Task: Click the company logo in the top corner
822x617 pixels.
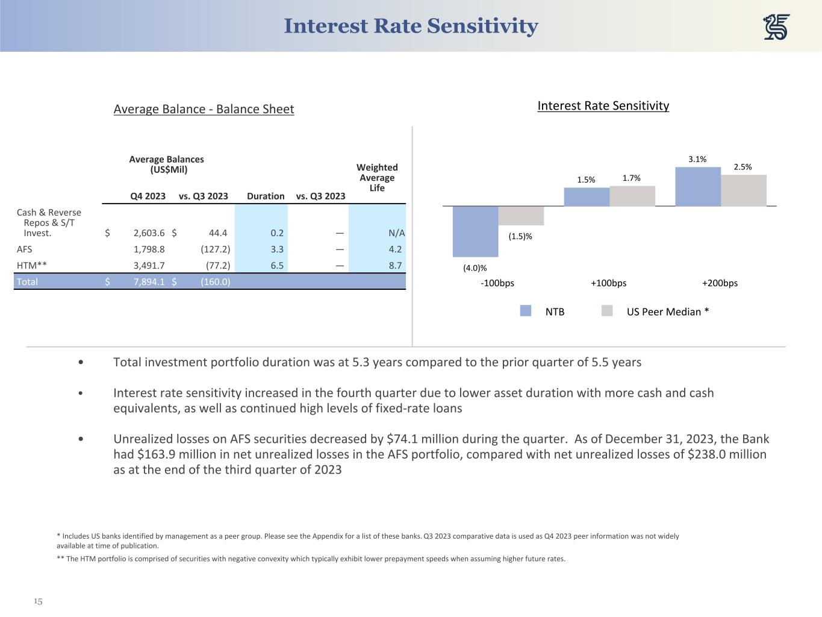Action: [x=776, y=27]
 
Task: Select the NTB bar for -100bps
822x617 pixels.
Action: [x=475, y=231]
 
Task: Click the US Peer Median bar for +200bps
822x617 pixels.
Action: [x=744, y=190]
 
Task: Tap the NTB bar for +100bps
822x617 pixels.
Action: [x=587, y=197]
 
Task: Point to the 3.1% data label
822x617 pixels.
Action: [x=697, y=159]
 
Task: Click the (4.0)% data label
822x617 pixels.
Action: [x=475, y=268]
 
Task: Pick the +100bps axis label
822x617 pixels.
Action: [x=608, y=283]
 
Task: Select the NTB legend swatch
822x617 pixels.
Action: [x=526, y=311]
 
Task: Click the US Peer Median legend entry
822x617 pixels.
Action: [x=667, y=312]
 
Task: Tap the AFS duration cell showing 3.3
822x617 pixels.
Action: [x=277, y=249]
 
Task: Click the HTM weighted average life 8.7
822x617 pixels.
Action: [x=395, y=265]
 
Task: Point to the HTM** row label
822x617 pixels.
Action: [x=32, y=265]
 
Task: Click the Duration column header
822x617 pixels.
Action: [x=266, y=196]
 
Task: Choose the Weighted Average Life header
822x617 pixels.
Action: [x=377, y=177]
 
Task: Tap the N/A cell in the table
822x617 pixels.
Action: [x=396, y=233]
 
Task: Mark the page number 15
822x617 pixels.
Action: [x=38, y=601]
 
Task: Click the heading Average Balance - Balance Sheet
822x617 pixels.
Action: [x=204, y=109]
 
